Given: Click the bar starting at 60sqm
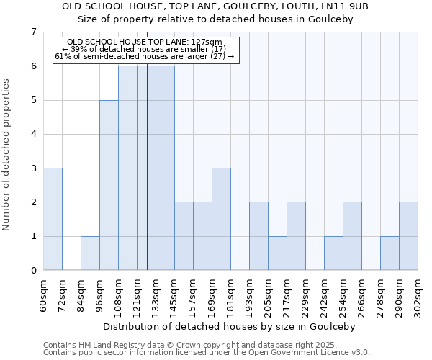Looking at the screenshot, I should click(x=53, y=219).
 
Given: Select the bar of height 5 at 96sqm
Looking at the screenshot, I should click(x=109, y=185).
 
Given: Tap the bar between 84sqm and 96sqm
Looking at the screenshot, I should click(x=90, y=253).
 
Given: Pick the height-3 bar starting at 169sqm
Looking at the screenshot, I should click(x=221, y=219).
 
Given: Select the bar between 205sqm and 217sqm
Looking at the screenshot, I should click(x=277, y=253).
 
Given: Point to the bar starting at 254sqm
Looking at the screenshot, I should click(x=352, y=236).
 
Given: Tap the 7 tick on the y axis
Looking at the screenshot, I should click(x=33, y=32).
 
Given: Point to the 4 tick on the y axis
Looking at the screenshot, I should click(x=33, y=134).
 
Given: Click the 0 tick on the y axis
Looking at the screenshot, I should click(x=33, y=271).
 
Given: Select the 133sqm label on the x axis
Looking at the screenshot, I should click(x=156, y=294).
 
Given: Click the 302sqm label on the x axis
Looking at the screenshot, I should click(x=418, y=294).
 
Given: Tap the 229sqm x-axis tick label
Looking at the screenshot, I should click(x=306, y=294).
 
